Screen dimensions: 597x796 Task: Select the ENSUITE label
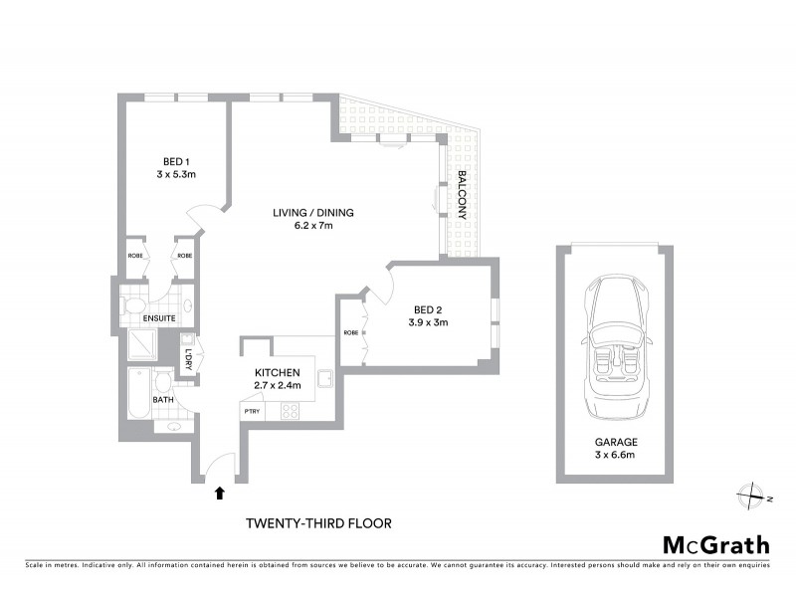click(159, 319)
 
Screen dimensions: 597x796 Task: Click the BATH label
click(163, 400)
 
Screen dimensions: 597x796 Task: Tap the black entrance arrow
click(220, 491)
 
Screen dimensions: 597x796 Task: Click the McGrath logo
click(715, 544)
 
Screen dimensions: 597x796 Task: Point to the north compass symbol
click(753, 495)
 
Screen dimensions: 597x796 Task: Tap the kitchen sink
click(324, 378)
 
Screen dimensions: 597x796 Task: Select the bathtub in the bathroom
click(138, 393)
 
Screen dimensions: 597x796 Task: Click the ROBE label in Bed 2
click(350, 332)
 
